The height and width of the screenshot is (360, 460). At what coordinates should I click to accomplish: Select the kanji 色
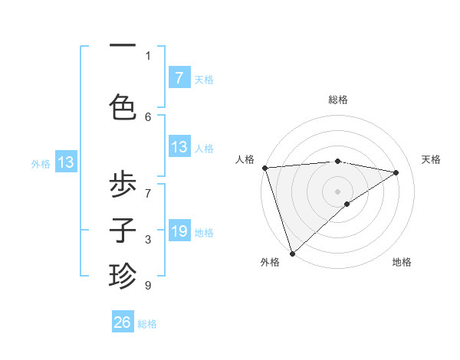click(123, 106)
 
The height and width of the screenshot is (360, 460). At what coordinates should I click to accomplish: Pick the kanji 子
click(123, 231)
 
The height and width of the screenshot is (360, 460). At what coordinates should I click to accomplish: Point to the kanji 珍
click(123, 274)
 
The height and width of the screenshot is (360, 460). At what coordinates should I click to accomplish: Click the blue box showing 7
click(179, 77)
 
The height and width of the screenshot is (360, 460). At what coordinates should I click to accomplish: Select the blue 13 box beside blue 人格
click(179, 147)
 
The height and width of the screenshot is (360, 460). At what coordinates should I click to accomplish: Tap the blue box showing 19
click(179, 231)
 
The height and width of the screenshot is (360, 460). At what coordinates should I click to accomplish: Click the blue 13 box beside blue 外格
click(65, 162)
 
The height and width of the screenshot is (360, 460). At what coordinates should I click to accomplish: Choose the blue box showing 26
click(123, 322)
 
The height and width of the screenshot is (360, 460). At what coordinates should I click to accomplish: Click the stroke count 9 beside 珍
click(147, 286)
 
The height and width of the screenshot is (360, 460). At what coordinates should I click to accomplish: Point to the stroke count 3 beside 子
click(147, 240)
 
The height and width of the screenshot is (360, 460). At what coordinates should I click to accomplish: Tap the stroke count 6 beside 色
click(147, 116)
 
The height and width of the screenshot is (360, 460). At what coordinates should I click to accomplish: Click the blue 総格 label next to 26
click(147, 324)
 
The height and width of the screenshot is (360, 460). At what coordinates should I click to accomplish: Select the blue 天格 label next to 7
click(204, 79)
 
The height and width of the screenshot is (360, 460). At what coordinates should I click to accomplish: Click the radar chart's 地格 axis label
click(402, 262)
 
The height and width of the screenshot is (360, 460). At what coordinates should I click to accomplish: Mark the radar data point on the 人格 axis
click(264, 167)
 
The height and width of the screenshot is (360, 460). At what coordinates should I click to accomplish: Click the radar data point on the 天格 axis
click(396, 172)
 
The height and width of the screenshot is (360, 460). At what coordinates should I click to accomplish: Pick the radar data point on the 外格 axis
click(291, 253)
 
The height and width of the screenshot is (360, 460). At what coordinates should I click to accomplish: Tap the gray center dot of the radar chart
click(337, 191)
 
